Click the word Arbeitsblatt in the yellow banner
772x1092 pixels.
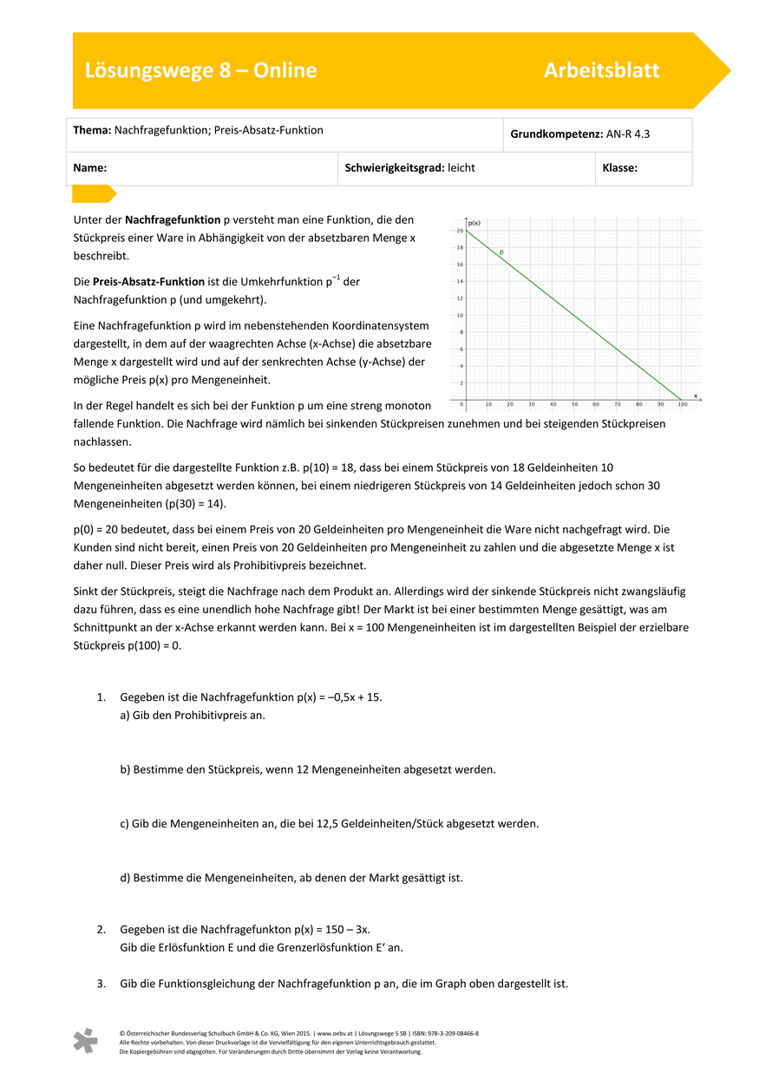click(601, 70)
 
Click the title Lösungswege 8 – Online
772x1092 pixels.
click(200, 70)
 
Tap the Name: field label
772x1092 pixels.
click(90, 168)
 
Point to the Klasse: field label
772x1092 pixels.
click(619, 168)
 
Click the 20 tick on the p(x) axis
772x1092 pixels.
click(459, 231)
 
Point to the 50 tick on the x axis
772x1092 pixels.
click(574, 404)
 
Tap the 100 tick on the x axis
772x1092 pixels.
click(683, 404)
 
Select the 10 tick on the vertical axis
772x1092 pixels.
click(459, 316)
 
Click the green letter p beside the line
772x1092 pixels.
click(500, 252)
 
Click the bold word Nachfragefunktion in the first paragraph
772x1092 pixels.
click(173, 220)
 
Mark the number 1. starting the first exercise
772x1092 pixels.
click(101, 696)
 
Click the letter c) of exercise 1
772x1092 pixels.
click(125, 823)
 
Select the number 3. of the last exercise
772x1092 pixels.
click(101, 984)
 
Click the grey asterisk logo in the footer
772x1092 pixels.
click(85, 1041)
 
